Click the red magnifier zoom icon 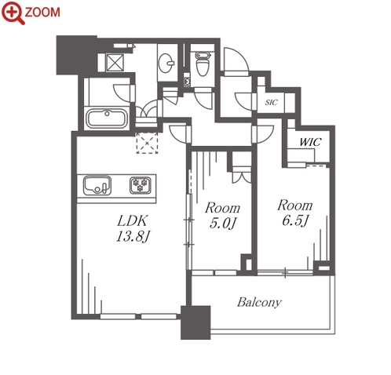[13, 13]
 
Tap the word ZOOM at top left [42, 12]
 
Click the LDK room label [133, 221]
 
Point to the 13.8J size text [133, 237]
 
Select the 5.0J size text [223, 223]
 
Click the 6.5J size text [295, 220]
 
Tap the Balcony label [259, 302]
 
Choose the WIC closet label [310, 142]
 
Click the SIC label [271, 102]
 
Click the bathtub [107, 119]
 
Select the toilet [203, 64]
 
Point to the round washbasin [166, 63]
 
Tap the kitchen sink [97, 185]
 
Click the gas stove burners [141, 185]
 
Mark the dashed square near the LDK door [147, 143]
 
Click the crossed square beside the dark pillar [115, 62]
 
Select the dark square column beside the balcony [195, 322]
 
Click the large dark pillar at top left [76, 55]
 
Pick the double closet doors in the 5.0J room [242, 177]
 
